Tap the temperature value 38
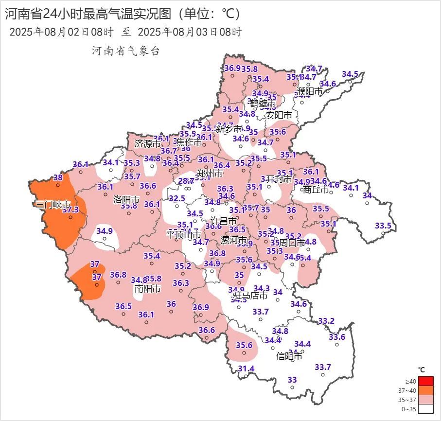[x=58, y=178]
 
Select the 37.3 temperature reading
[x=71, y=210]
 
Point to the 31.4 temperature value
[x=246, y=369]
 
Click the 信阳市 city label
[x=289, y=356]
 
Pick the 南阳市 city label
[x=147, y=288]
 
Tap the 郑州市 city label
[x=210, y=174]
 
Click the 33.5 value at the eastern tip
[x=383, y=226]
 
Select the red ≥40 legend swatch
[x=426, y=381]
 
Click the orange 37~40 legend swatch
[x=426, y=390]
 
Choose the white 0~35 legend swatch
[x=426, y=409]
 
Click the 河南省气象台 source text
[x=125, y=51]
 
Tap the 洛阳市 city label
[x=126, y=199]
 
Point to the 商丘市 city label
[x=316, y=190]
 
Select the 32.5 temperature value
[x=177, y=198]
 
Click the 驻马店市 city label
[x=249, y=296]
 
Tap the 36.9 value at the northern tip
[x=232, y=68]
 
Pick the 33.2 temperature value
[x=326, y=321]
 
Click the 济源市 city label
[x=147, y=144]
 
